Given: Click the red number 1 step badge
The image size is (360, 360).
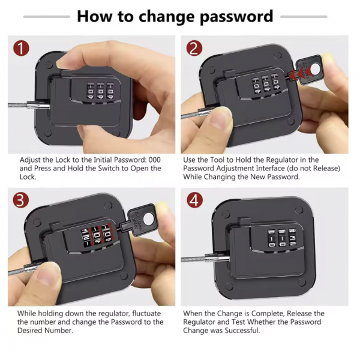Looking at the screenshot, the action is coord(22,49).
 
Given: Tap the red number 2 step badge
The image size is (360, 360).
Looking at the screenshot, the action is coord(194,49).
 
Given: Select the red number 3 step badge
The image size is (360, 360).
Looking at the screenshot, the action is coord(21,200).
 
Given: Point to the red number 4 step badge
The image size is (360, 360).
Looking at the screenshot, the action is coord(194,200).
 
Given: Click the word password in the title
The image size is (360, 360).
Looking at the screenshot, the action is coord(236,17).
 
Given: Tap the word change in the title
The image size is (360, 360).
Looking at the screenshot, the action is coord(167,16).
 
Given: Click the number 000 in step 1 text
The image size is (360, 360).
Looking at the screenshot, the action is coord(155,160).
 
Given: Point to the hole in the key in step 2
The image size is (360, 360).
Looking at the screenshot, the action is coord(317,69).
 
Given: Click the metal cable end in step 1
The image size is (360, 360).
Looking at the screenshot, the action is coord(38,106).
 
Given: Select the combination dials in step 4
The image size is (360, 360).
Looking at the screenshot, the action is coord(282,238).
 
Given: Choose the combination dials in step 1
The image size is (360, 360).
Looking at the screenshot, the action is coord(100,91).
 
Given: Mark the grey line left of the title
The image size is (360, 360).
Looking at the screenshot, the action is coord(47,17).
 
